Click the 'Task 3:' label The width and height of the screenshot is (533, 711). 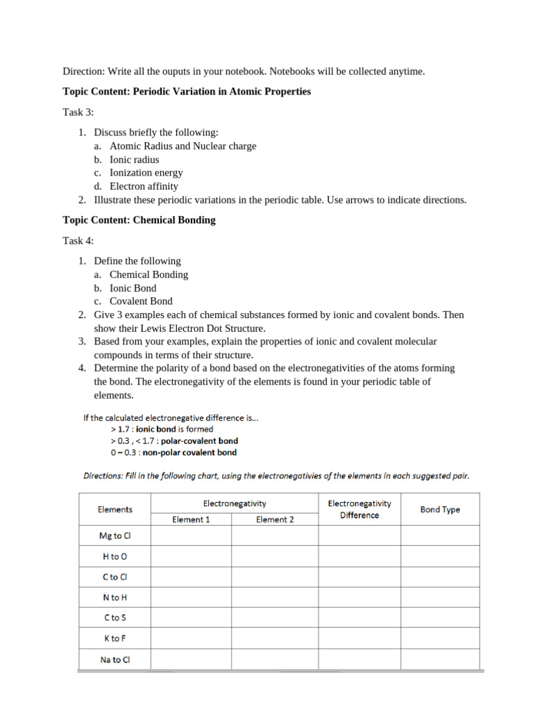pos(78,112)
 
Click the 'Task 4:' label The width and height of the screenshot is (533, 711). pos(78,240)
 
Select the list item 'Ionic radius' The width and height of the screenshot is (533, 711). pos(134,160)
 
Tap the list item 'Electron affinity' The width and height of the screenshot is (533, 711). pos(144,186)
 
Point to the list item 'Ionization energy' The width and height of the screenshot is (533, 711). pos(146,173)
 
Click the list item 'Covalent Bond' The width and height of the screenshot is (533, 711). pos(141,301)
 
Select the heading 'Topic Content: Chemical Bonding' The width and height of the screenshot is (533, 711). pos(139,220)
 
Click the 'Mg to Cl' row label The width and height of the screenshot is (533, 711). pos(115,535)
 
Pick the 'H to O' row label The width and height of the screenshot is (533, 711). pos(115,556)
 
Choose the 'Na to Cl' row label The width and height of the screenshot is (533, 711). pos(115,660)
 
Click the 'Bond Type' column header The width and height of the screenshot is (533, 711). pos(440,510)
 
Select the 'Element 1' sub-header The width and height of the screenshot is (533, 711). pos(191,519)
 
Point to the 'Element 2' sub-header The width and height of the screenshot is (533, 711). pos(275,519)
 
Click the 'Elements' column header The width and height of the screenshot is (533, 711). pos(115,510)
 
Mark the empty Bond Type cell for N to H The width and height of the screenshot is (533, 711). pos(440,597)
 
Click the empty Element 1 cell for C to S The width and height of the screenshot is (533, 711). pos(191,617)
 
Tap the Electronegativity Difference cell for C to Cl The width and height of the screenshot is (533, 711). pos(359,576)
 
